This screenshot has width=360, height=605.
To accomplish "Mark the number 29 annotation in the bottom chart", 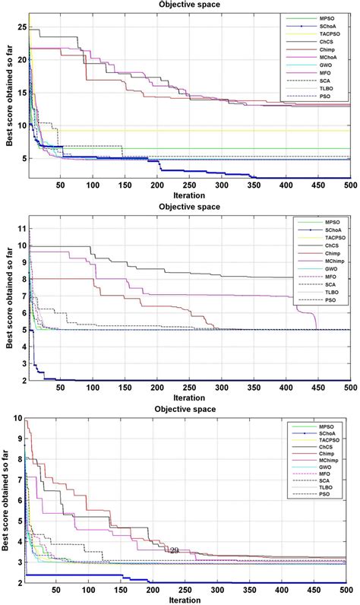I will pyautogui.click(x=174, y=550).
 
